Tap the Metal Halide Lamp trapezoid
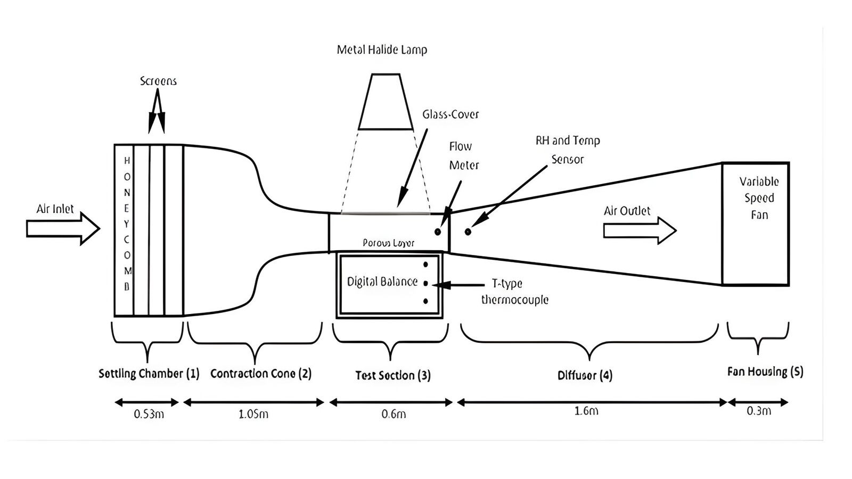(x=386, y=102)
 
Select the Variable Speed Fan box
(x=755, y=224)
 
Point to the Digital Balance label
(x=382, y=282)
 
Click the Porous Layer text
(x=388, y=243)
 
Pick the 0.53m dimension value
(x=149, y=414)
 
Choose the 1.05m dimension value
(x=253, y=414)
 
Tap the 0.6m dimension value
(x=394, y=414)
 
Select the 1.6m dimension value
(x=586, y=411)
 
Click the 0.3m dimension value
(x=758, y=411)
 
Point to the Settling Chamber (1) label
(x=149, y=374)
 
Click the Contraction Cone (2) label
(x=260, y=374)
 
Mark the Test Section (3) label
(x=393, y=375)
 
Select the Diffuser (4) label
(x=585, y=375)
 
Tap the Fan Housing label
(x=765, y=371)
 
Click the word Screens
(x=158, y=81)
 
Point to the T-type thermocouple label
(x=514, y=292)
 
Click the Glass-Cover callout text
(x=450, y=114)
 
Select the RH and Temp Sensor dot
(x=468, y=232)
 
